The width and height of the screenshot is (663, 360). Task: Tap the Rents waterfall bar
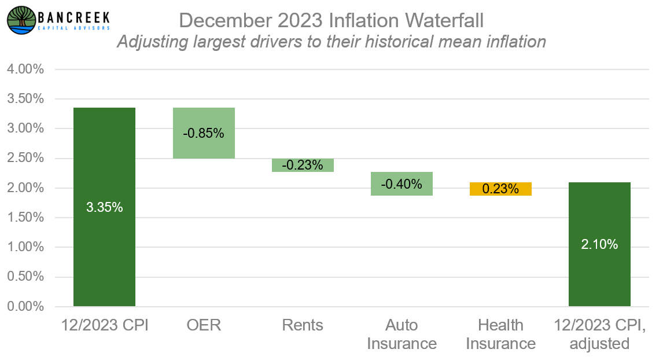pos(303,165)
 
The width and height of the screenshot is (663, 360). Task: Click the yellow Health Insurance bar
pos(500,189)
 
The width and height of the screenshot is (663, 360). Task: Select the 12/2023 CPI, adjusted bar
pos(599,272)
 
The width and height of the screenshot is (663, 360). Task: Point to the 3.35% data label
pos(104,207)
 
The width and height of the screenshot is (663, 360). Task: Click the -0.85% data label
pos(204,133)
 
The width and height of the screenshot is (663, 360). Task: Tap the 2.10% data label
pos(599,244)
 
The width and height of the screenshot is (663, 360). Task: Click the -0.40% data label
pos(402,185)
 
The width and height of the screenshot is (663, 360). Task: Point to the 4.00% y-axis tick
pos(25,69)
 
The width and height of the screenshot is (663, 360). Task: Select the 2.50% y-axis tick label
pos(25,158)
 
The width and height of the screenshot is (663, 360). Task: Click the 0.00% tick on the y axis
pos(25,306)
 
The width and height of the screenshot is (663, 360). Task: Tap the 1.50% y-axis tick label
pos(25,218)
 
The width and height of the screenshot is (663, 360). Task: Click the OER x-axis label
pos(204,325)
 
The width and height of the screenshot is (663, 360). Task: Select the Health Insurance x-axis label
pos(500,335)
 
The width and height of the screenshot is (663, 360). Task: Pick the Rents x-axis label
pos(303,325)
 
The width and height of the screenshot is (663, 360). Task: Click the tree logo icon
pos(21,20)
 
